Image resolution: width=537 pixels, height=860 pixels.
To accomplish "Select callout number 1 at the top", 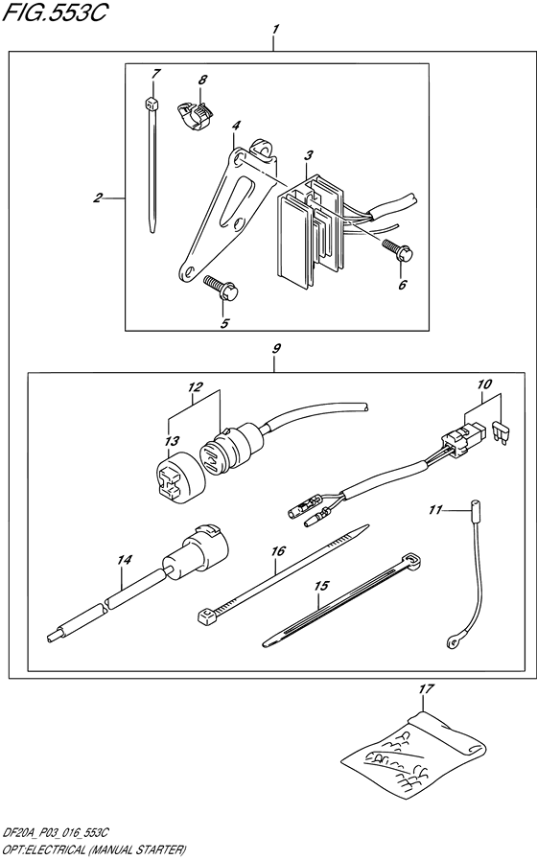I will (x=274, y=31).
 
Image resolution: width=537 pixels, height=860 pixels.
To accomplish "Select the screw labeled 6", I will (x=398, y=251).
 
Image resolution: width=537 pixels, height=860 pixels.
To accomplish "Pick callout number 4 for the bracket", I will (x=235, y=124).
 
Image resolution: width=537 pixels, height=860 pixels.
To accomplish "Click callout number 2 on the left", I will (x=98, y=198).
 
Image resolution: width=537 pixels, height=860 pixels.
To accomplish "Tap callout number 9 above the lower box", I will (x=274, y=350).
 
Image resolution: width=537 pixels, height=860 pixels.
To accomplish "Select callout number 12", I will (x=196, y=387).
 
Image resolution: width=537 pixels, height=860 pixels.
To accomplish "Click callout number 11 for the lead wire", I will (x=434, y=511).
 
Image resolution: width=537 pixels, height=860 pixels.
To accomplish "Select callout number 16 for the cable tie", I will (x=277, y=551).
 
